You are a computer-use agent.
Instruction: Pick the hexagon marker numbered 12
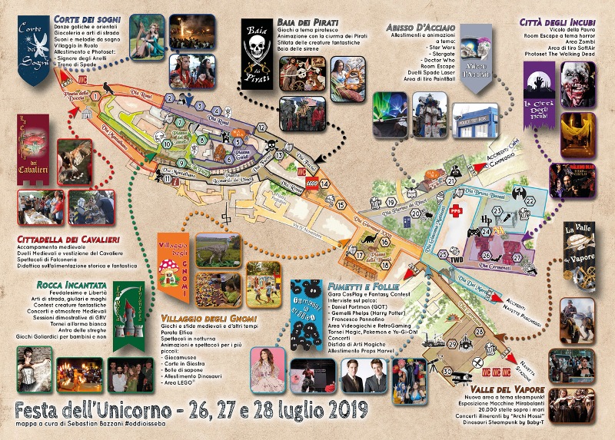(261, 127)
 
